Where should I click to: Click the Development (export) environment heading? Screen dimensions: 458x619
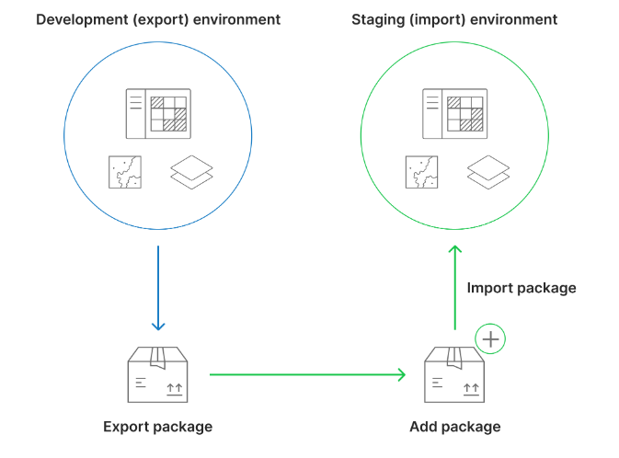coord(158,19)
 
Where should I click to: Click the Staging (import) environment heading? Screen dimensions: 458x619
coord(454,19)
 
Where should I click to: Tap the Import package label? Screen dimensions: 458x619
coord(522,288)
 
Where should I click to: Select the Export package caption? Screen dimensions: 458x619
coord(157,427)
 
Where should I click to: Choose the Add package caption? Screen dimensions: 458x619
coord(454,427)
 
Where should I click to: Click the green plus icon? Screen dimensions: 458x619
coord(491,339)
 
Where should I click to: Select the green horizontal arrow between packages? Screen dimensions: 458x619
coord(307,374)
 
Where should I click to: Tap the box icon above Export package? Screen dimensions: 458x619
coord(157,374)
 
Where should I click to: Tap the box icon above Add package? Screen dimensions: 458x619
coord(454,374)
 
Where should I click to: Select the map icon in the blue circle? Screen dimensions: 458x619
coord(125,172)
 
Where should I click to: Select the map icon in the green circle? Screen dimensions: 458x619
coord(422,172)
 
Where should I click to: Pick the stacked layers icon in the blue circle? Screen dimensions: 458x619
coord(192,173)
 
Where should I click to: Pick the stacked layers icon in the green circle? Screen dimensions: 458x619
coord(488,173)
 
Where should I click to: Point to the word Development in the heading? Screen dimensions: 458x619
coord(77,19)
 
